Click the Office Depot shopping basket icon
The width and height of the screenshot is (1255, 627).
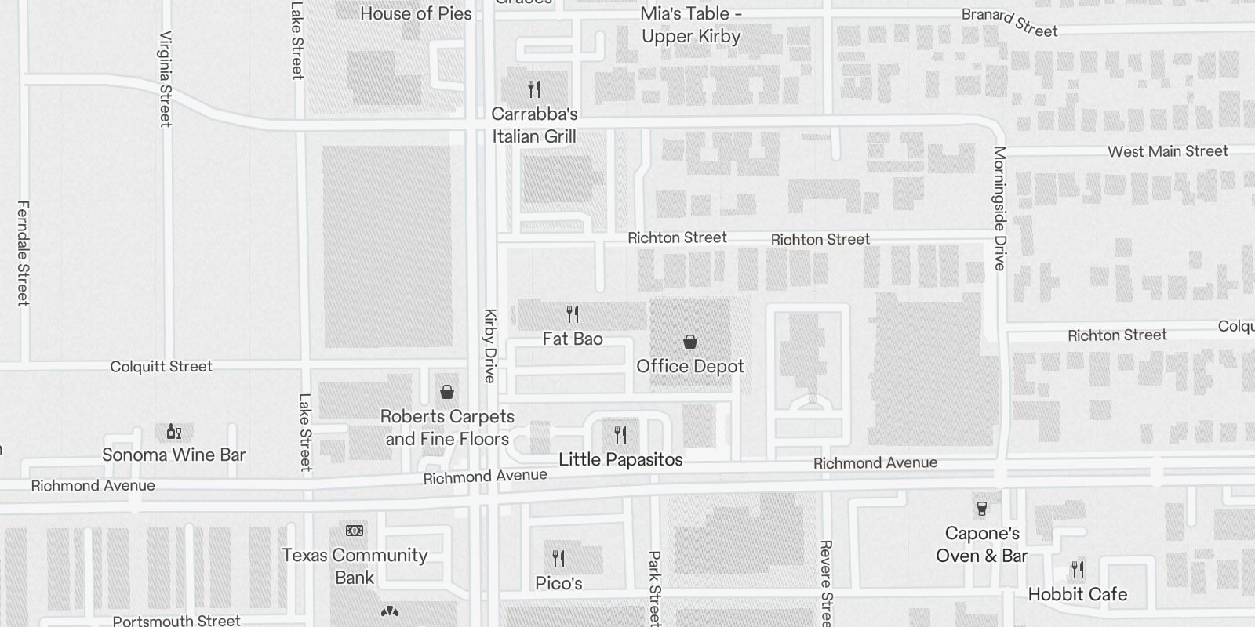(x=690, y=342)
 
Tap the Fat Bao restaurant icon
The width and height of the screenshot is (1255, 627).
(x=573, y=314)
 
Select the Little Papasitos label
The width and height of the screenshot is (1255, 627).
(x=620, y=460)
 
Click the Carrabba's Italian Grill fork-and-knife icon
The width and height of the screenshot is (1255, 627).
(x=534, y=89)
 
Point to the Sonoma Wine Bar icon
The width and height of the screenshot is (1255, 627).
(x=173, y=432)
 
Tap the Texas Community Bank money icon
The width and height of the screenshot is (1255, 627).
(x=355, y=531)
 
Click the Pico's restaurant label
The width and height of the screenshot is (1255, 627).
(x=558, y=583)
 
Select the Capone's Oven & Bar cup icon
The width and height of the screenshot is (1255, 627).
(x=981, y=509)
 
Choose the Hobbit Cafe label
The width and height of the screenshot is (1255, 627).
(x=1077, y=594)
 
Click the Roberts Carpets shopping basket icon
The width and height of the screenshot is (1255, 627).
(x=447, y=391)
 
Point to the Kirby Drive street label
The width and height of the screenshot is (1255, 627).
(x=490, y=346)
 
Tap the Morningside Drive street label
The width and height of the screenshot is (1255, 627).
(x=999, y=208)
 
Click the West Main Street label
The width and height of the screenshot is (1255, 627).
(x=1167, y=151)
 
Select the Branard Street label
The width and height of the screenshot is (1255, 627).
(x=1009, y=22)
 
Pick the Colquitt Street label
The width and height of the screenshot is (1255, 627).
(x=161, y=366)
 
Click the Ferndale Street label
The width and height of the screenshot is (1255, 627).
(x=23, y=252)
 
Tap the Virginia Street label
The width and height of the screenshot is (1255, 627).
(x=166, y=78)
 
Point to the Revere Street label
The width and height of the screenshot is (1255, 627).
(x=825, y=583)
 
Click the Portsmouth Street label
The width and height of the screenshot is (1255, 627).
(x=176, y=621)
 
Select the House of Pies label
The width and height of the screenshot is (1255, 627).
(x=416, y=13)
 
